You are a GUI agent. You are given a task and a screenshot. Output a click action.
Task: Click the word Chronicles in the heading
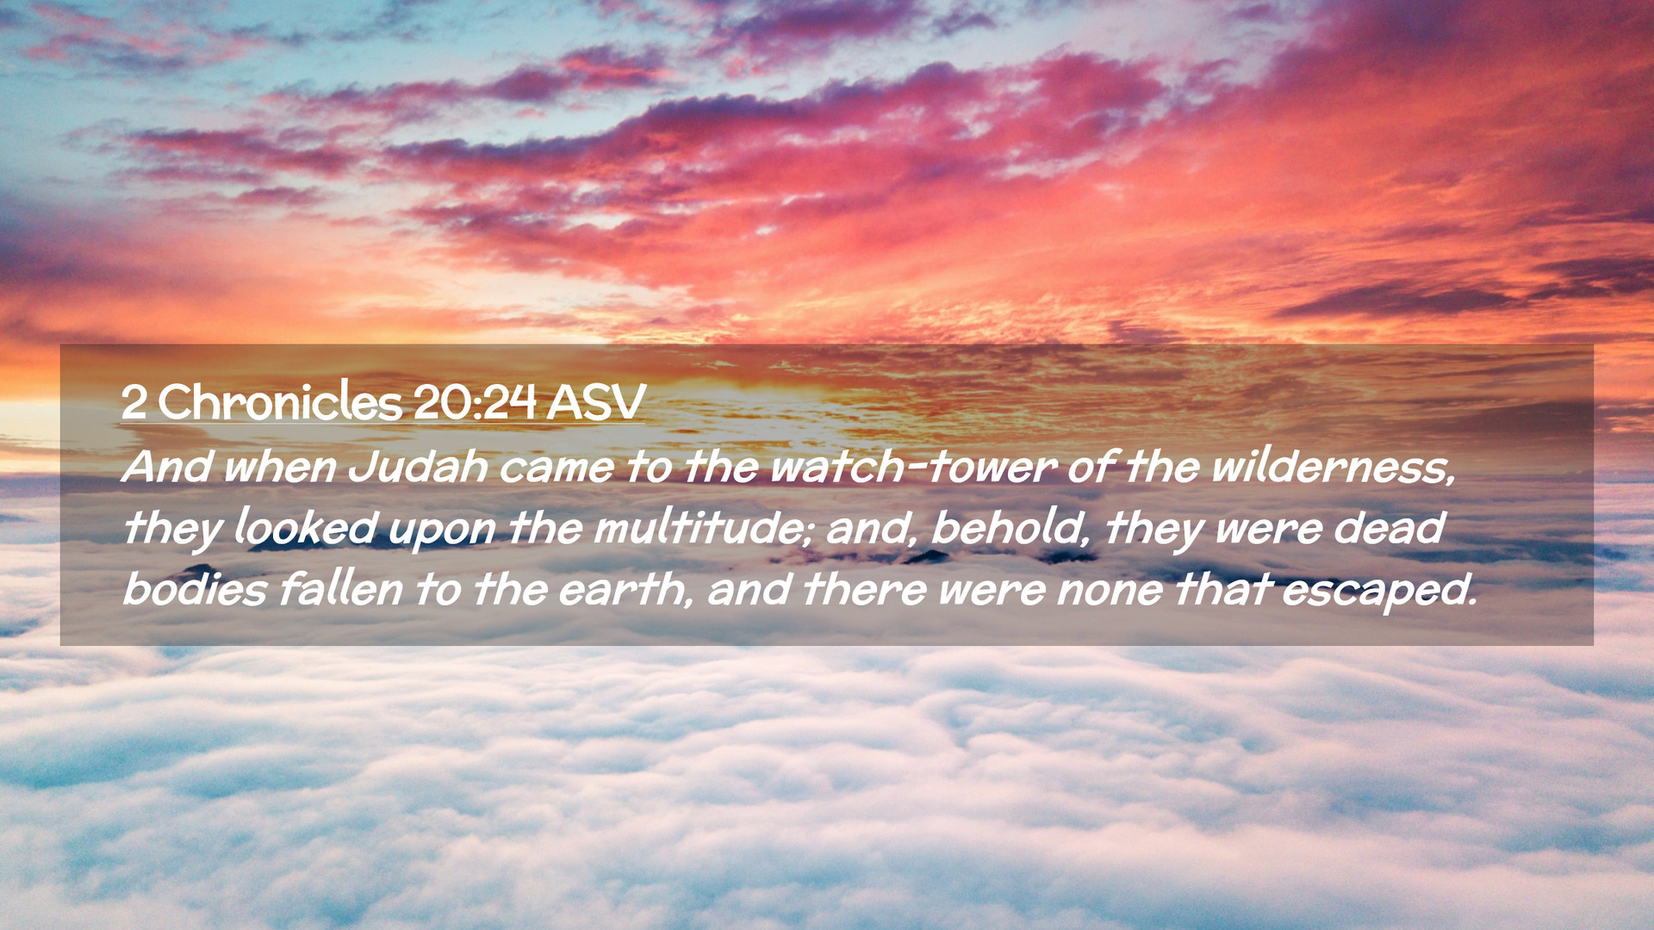[280, 401]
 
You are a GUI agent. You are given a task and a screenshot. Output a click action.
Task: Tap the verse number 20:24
[475, 402]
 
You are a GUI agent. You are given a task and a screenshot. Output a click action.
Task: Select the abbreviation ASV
[595, 402]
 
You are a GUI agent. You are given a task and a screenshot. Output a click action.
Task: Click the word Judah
[418, 467]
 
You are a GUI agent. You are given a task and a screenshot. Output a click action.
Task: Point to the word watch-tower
[913, 467]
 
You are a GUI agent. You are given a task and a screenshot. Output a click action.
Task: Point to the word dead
[1389, 527]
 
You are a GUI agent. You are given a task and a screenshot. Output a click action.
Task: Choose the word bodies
[195, 589]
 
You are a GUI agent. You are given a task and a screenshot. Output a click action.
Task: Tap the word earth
[624, 589]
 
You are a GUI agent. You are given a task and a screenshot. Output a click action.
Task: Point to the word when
[280, 467]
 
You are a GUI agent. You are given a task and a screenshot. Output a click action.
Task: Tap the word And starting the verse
[168, 467]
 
